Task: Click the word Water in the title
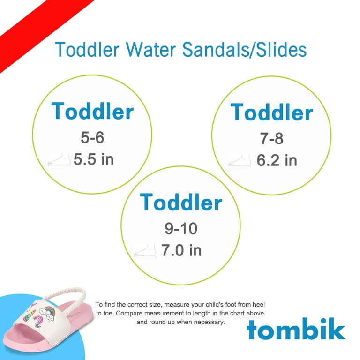tap(150, 49)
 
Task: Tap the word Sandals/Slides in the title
tap(245, 49)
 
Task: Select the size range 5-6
tap(92, 137)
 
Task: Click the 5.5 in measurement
tap(94, 159)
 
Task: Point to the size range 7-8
tap(271, 138)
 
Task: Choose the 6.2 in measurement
tap(277, 160)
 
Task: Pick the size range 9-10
tap(181, 228)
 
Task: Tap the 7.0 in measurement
tap(181, 250)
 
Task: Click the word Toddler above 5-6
tap(92, 112)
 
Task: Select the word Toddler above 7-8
tap(271, 112)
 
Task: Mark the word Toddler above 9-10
tap(181, 202)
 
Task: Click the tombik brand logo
tap(296, 329)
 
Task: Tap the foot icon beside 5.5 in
tap(59, 159)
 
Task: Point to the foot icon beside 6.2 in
tap(239, 160)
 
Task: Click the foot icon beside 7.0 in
tap(145, 250)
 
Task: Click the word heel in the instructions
tap(259, 304)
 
